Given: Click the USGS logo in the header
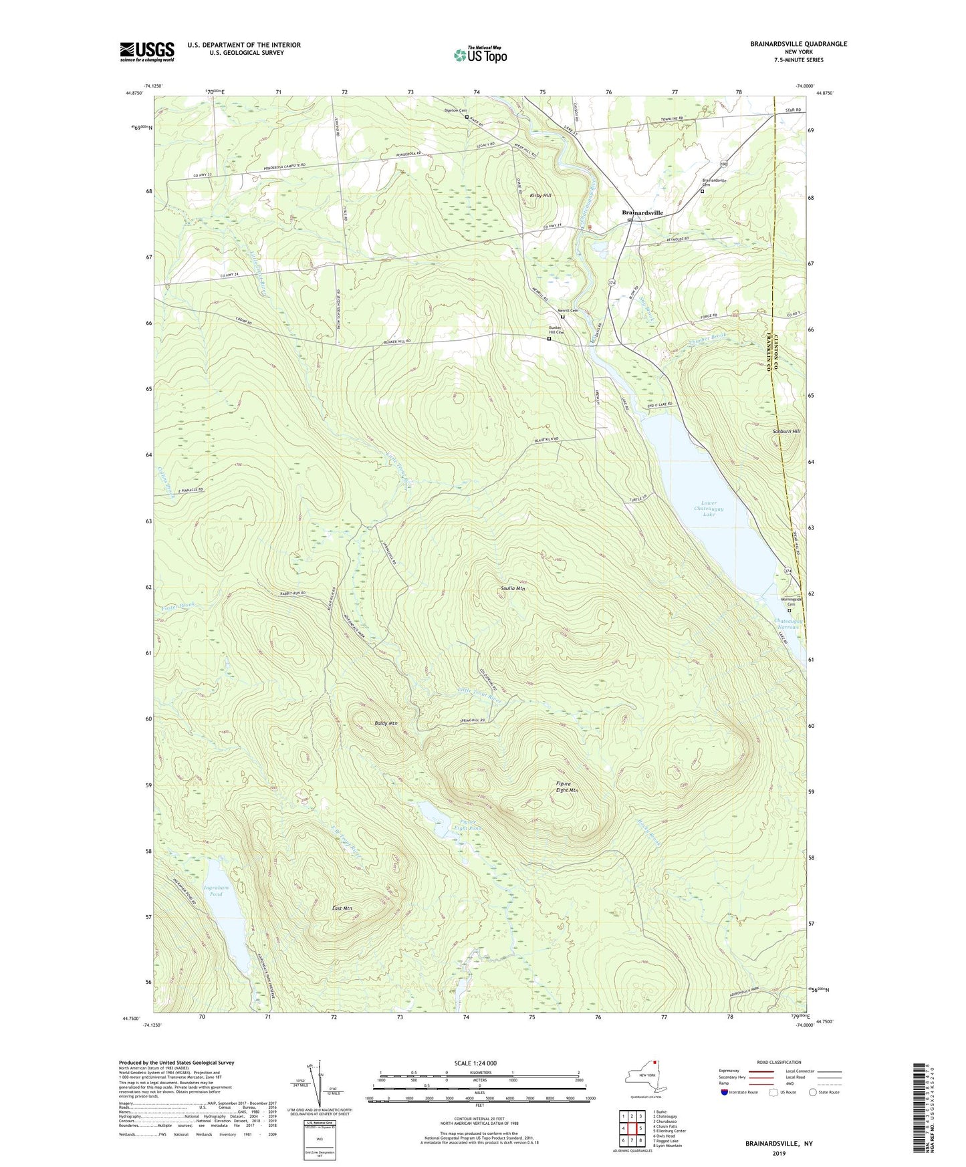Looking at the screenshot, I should (147, 51).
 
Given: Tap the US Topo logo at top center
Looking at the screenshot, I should (479, 54).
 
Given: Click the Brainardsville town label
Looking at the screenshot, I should (642, 213).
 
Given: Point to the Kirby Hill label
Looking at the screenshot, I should (540, 195).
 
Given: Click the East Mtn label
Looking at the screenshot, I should (342, 908).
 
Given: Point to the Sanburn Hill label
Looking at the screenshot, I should (787, 432).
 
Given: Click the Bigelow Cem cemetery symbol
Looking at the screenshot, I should (467, 117).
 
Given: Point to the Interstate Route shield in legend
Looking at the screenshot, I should (725, 1092).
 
